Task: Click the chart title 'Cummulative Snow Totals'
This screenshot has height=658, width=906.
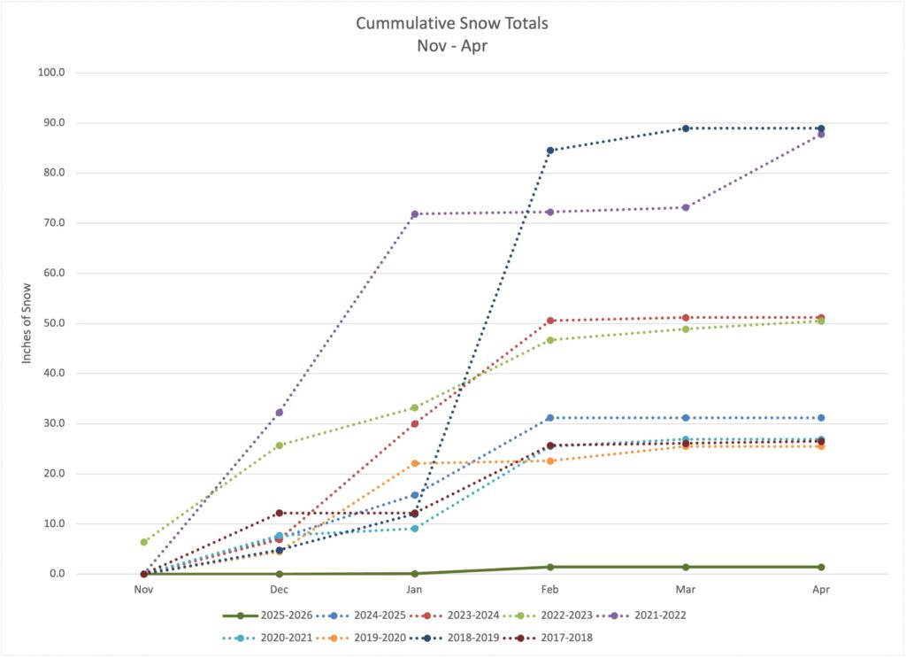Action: pyautogui.click(x=451, y=23)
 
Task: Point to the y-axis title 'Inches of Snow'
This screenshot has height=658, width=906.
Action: pyautogui.click(x=28, y=323)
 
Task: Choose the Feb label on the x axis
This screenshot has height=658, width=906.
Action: pyautogui.click(x=550, y=589)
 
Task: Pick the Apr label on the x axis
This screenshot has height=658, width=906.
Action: pyautogui.click(x=821, y=589)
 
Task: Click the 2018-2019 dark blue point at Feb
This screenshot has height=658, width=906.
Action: pyautogui.click(x=550, y=151)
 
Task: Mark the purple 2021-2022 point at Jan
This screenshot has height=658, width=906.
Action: pyautogui.click(x=415, y=214)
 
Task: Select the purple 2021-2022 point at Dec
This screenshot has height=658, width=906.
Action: pyautogui.click(x=280, y=413)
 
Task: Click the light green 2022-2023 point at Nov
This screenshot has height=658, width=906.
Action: pyautogui.click(x=144, y=542)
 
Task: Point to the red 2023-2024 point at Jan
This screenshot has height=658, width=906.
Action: pyautogui.click(x=415, y=423)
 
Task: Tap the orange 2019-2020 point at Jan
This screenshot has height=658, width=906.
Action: pyautogui.click(x=415, y=463)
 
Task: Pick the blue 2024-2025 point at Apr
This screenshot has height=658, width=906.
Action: pyautogui.click(x=821, y=418)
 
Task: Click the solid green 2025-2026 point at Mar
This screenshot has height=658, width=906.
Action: pyautogui.click(x=686, y=567)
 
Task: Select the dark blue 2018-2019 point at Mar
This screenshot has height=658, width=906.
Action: pyautogui.click(x=686, y=128)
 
